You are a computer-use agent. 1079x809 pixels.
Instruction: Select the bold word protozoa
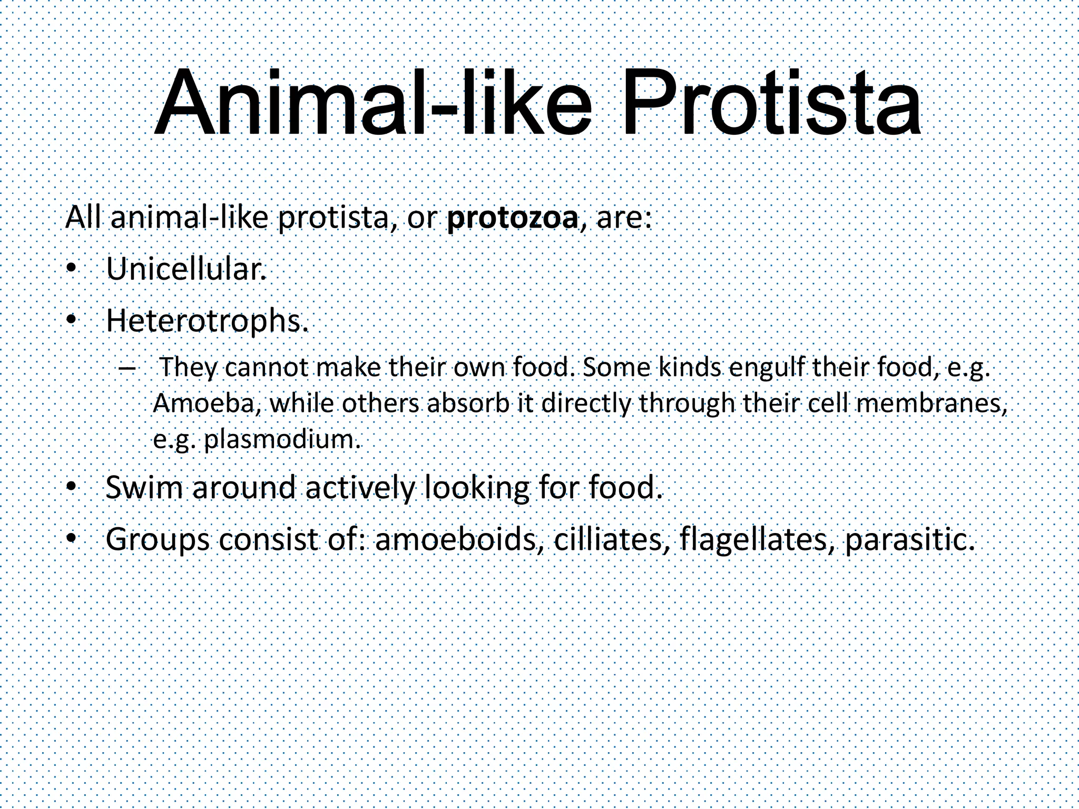[512, 219]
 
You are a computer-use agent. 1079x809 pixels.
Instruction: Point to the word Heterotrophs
[207, 320]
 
